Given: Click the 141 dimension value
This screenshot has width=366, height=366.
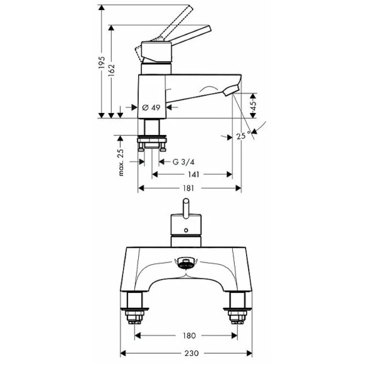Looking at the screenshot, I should click(x=189, y=174).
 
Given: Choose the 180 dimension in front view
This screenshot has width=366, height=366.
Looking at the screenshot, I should click(x=189, y=336).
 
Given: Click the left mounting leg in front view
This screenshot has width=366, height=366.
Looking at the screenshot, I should click(x=136, y=306).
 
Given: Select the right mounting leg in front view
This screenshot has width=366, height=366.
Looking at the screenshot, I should click(x=239, y=306).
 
